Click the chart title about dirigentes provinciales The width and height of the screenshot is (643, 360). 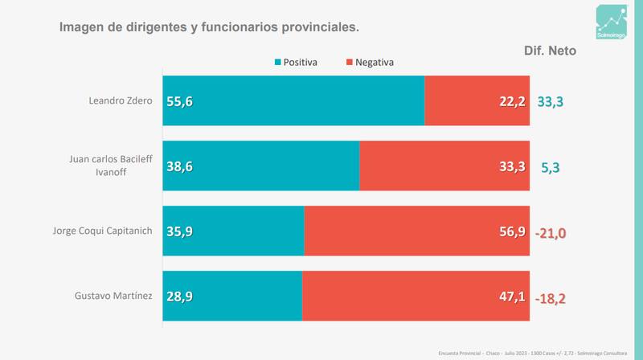pos(209,27)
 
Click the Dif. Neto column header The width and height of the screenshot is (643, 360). pos(550,50)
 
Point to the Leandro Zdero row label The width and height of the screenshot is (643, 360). pos(120,101)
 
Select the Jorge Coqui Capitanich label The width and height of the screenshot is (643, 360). pos(101,231)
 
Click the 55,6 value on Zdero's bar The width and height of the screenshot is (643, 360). pos(180,101)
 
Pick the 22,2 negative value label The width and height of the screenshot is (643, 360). pos(511,101)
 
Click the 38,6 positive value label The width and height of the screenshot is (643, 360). pos(180,167)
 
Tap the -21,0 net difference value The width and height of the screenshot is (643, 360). pos(551,233)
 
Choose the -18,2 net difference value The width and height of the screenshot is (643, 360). pos(551,298)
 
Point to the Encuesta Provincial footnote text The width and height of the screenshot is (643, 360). pos(526,352)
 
